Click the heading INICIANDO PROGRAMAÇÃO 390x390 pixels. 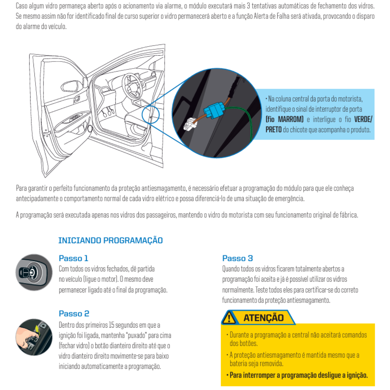[x=110, y=240]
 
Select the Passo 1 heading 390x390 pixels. [x=73, y=258]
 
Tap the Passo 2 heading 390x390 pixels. [x=74, y=314]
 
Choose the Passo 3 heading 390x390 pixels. [x=237, y=258]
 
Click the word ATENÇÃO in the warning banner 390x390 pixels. [x=264, y=318]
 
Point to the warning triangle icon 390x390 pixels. [x=229, y=318]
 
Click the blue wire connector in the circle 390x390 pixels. [x=214, y=110]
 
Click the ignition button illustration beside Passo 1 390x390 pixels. [x=34, y=272]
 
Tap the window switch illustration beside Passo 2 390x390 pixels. [x=34, y=337]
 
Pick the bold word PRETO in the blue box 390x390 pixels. [x=273, y=130]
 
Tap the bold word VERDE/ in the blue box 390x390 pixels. [x=363, y=119]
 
